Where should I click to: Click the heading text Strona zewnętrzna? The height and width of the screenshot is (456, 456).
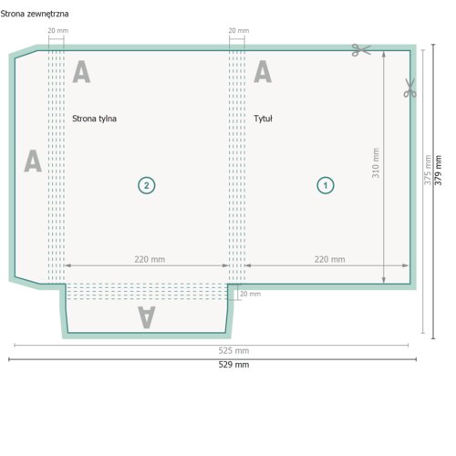pyautogui.click(x=35, y=14)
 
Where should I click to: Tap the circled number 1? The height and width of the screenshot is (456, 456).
pyautogui.click(x=326, y=185)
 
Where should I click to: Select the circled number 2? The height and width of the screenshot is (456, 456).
pyautogui.click(x=147, y=185)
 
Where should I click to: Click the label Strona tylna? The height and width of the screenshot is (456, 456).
pyautogui.click(x=94, y=119)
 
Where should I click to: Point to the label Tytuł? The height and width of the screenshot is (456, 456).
pyautogui.click(x=263, y=119)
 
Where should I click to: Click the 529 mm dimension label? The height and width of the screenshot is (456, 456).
pyautogui.click(x=233, y=365)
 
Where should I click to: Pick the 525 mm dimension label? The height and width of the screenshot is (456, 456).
pyautogui.click(x=233, y=351)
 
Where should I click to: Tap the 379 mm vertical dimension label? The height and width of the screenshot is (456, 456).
pyautogui.click(x=438, y=171)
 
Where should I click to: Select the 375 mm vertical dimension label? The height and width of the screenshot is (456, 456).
pyautogui.click(x=428, y=170)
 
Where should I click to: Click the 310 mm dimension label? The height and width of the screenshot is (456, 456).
pyautogui.click(x=376, y=163)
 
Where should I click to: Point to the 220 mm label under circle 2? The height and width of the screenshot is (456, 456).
pyautogui.click(x=150, y=259)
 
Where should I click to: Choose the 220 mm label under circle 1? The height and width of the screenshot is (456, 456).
pyautogui.click(x=330, y=259)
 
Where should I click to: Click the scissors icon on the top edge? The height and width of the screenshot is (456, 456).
pyautogui.click(x=361, y=50)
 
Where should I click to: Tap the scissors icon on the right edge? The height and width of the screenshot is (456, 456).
pyautogui.click(x=409, y=88)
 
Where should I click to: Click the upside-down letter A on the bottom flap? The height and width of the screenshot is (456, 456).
pyautogui.click(x=147, y=317)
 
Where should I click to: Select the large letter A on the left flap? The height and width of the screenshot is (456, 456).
pyautogui.click(x=33, y=161)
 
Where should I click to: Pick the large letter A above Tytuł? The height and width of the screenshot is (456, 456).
pyautogui.click(x=263, y=71)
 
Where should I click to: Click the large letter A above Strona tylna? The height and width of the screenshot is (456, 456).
pyautogui.click(x=81, y=71)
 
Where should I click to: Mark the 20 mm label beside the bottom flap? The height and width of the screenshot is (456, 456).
pyautogui.click(x=250, y=294)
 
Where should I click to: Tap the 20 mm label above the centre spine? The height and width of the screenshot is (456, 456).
pyautogui.click(x=239, y=31)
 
